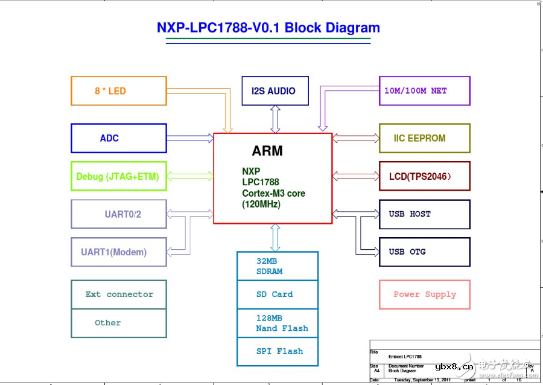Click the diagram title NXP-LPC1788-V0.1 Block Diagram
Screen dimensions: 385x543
[268, 28]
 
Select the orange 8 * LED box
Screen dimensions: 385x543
[119, 91]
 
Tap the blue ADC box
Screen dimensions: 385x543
[119, 138]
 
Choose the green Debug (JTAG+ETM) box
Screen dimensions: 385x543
[119, 176]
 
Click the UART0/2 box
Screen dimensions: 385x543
[119, 214]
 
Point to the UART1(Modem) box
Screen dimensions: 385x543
[119, 252]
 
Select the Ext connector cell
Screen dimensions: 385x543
[119, 294]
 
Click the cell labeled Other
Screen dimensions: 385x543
[119, 323]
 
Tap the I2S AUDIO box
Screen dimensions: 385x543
[275, 91]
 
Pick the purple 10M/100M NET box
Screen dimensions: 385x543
[424, 91]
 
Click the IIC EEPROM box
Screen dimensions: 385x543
[424, 138]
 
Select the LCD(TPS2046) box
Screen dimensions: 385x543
[424, 176]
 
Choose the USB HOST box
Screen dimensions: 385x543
[424, 214]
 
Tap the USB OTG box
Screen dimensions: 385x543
[424, 252]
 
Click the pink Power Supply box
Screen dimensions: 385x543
[424, 294]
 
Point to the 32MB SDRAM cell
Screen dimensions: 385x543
[278, 266]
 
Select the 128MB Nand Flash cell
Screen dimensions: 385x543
[278, 323]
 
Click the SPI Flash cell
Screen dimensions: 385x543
[278, 351]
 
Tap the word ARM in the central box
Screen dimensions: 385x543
[267, 150]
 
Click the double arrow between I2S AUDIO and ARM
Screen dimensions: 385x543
[275, 119]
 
